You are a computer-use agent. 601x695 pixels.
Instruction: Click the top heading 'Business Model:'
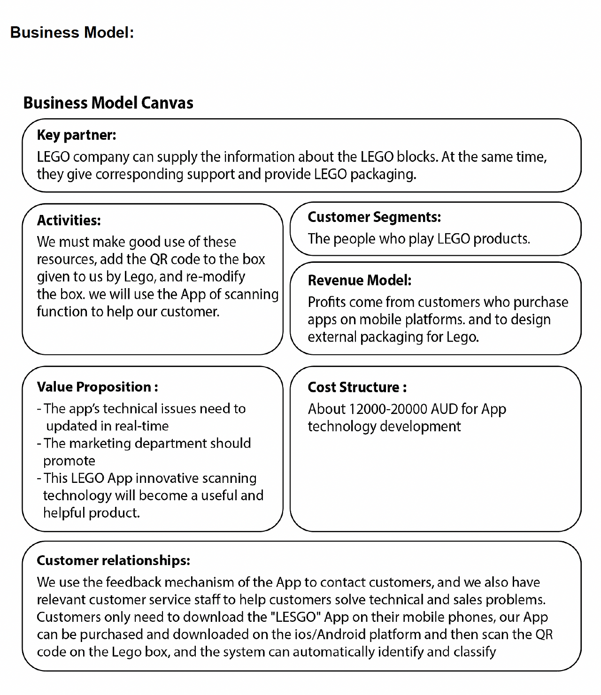(x=72, y=32)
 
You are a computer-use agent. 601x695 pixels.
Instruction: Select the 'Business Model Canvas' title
(x=108, y=103)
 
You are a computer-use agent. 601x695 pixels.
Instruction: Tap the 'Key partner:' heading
(x=76, y=135)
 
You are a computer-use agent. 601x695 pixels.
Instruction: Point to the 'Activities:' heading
(x=69, y=220)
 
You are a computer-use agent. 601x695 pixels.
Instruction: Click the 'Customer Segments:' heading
(x=374, y=217)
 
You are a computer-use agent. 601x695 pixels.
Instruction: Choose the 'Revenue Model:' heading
(x=359, y=280)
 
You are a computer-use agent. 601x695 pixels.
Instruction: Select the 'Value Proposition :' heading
(x=97, y=387)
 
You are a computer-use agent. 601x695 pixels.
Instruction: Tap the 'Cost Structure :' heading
(x=357, y=387)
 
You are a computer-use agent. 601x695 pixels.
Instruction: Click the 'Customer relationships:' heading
(x=113, y=560)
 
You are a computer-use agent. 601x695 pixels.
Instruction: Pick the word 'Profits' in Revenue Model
(x=326, y=302)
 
